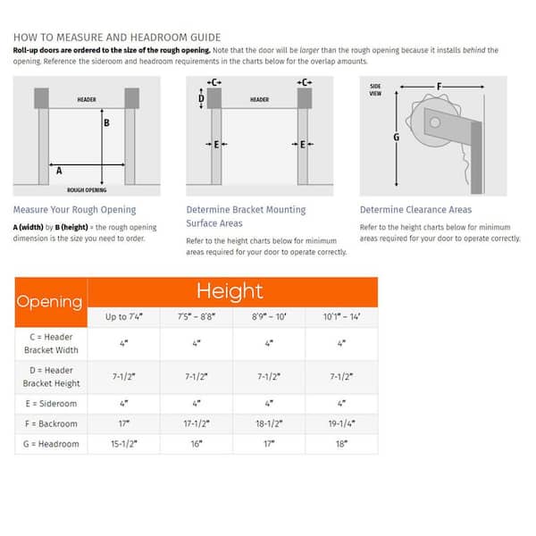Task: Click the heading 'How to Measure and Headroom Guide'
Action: coord(116,38)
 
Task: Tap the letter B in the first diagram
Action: coord(107,123)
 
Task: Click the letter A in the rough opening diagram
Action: coord(59,168)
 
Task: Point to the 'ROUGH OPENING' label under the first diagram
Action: coord(87,190)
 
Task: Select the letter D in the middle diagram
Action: coord(201,100)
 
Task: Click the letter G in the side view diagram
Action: coord(397,137)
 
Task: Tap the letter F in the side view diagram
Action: coord(439,87)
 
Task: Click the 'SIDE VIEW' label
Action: coord(375,89)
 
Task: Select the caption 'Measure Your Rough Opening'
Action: coord(74,210)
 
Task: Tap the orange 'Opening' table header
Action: coord(50,302)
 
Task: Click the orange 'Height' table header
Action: coord(230,291)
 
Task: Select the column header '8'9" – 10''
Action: coord(268,318)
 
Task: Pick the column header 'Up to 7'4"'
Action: coord(123,318)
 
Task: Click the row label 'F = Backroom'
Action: coord(50,423)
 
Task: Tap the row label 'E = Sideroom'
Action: coord(50,403)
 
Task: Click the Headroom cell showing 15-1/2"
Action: coord(123,444)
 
